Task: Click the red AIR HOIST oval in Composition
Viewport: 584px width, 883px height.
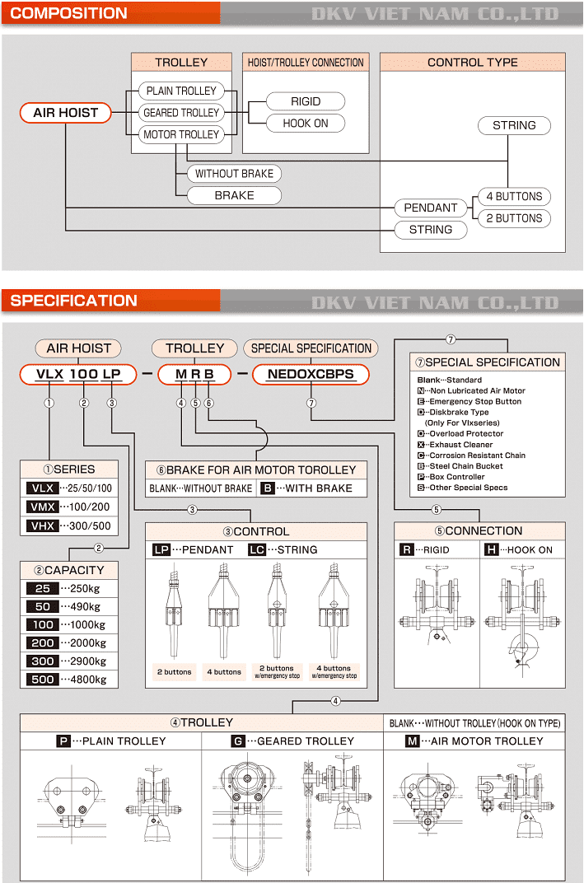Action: tap(66, 113)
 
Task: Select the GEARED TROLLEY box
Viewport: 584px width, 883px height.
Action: tap(181, 113)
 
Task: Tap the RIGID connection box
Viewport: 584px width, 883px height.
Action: tap(306, 101)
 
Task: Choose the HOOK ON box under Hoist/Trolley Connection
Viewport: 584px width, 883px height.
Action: tap(306, 124)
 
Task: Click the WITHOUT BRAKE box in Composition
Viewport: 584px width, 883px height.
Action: tap(234, 174)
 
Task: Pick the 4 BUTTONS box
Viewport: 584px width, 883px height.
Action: tap(514, 197)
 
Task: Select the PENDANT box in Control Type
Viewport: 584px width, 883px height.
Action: tap(430, 208)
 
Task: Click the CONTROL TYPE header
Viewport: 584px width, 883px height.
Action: tap(472, 63)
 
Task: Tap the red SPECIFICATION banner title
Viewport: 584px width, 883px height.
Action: tap(74, 301)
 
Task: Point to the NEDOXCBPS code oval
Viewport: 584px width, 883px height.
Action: tap(311, 374)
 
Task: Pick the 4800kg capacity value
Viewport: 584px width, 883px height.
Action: tap(88, 680)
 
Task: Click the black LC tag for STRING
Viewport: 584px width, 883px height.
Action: tap(257, 549)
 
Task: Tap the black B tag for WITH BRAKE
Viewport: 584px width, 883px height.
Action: tap(268, 488)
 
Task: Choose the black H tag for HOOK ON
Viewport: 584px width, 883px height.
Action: tap(492, 549)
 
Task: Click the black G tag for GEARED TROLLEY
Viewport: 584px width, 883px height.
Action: tap(238, 741)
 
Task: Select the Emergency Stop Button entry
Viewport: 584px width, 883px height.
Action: tap(474, 402)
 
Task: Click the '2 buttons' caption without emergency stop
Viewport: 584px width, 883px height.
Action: tap(174, 672)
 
